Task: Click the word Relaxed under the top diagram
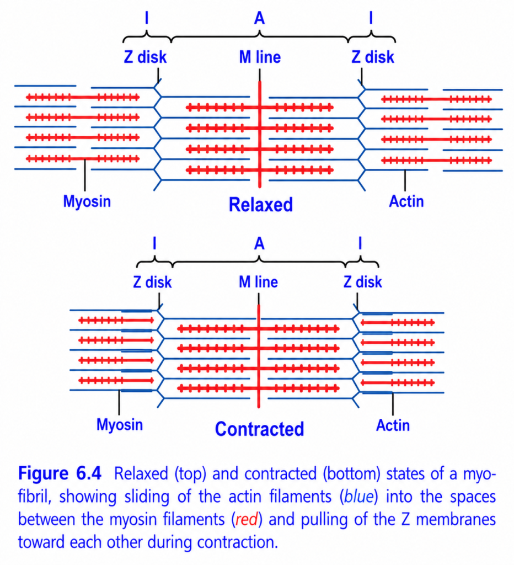[x=261, y=205]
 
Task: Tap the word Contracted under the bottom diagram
[x=259, y=429]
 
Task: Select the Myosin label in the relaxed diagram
[x=87, y=201]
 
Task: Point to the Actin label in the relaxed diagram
[x=406, y=201]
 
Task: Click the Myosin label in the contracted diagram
[x=120, y=424]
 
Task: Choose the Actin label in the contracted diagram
[x=393, y=425]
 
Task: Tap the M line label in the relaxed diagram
[x=260, y=57]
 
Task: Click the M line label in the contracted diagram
[x=258, y=282]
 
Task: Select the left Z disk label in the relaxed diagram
[x=145, y=57]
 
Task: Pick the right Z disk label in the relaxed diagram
[x=373, y=57]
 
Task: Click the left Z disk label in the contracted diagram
[x=152, y=282]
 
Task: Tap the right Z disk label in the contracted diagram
[x=362, y=282]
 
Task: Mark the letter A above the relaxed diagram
[x=259, y=18]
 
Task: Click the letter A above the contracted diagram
[x=259, y=244]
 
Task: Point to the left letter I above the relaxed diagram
[x=146, y=18]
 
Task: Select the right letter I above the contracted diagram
[x=360, y=243]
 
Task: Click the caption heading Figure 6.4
[x=60, y=473]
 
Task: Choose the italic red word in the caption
[x=247, y=520]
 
